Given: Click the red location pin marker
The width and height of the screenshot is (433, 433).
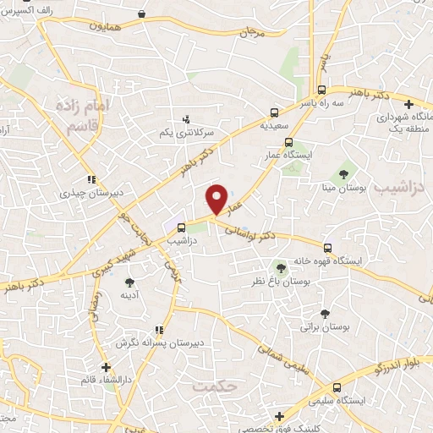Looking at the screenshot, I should (x=217, y=199).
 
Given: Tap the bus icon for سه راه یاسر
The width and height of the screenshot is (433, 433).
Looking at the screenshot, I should (x=321, y=90).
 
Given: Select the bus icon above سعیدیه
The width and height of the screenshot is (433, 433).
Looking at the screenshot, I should (x=274, y=112).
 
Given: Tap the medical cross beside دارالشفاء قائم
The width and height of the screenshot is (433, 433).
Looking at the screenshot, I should (x=106, y=367).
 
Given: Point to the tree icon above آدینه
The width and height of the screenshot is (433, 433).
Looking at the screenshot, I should (x=129, y=282).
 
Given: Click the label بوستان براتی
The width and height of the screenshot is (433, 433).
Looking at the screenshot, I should (x=324, y=326).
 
